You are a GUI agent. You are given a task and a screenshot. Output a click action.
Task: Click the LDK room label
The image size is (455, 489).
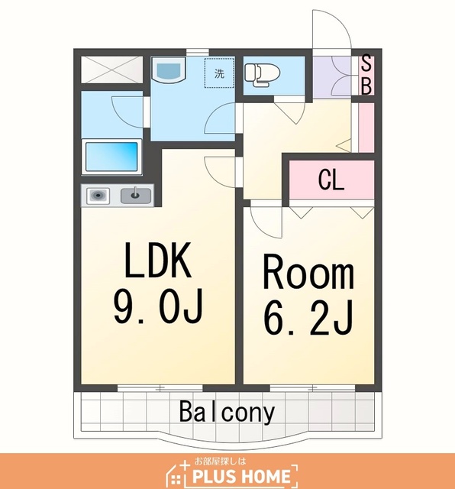(158, 260)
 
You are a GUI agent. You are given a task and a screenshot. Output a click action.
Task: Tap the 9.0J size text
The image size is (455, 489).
(158, 306)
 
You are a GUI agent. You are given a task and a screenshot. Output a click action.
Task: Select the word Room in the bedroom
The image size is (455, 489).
(308, 272)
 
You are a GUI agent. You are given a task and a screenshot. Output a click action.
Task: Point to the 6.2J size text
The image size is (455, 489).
(308, 318)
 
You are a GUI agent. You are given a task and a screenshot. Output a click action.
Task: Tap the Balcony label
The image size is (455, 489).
(227, 412)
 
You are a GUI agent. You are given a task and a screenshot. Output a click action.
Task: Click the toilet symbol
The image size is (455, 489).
(262, 74)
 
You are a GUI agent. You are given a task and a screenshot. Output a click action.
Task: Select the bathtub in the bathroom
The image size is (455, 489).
(111, 157)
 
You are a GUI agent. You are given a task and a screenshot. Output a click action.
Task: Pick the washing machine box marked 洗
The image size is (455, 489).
(219, 73)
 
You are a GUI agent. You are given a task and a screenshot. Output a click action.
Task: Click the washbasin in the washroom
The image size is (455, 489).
(168, 70)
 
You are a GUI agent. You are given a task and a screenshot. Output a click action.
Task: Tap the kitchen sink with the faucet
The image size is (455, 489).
(136, 196)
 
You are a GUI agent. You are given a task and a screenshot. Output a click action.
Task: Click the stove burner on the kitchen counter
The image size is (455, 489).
(98, 196)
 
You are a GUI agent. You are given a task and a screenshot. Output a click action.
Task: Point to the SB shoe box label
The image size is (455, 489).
(366, 75)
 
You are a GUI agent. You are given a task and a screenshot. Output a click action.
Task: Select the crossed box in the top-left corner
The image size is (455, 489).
(111, 70)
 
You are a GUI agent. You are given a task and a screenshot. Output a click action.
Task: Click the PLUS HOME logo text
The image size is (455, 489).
(241, 476)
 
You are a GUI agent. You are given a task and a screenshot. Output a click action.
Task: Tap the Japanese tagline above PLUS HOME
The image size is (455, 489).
(220, 461)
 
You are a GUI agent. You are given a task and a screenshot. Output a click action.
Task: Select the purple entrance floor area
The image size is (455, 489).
(332, 77)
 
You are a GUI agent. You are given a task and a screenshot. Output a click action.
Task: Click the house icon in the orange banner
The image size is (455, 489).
(177, 474)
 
